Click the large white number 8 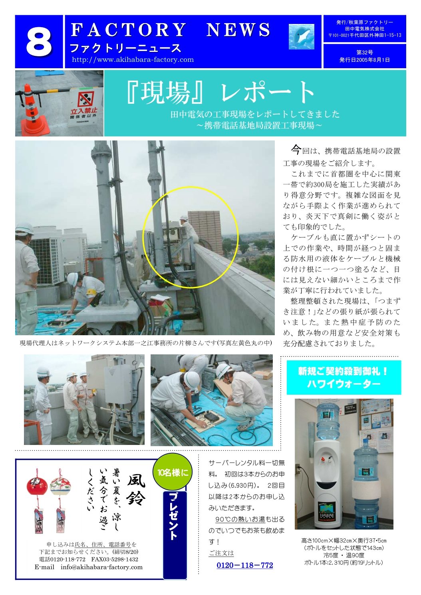39,42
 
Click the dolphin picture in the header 301,37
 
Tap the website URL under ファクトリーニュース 133,59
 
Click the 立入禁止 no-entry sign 85,106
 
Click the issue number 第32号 364,53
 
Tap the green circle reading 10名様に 173,472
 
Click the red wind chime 37,486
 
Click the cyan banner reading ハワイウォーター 344,377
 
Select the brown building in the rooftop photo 205,231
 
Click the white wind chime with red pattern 60,486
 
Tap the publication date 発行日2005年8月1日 364,60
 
